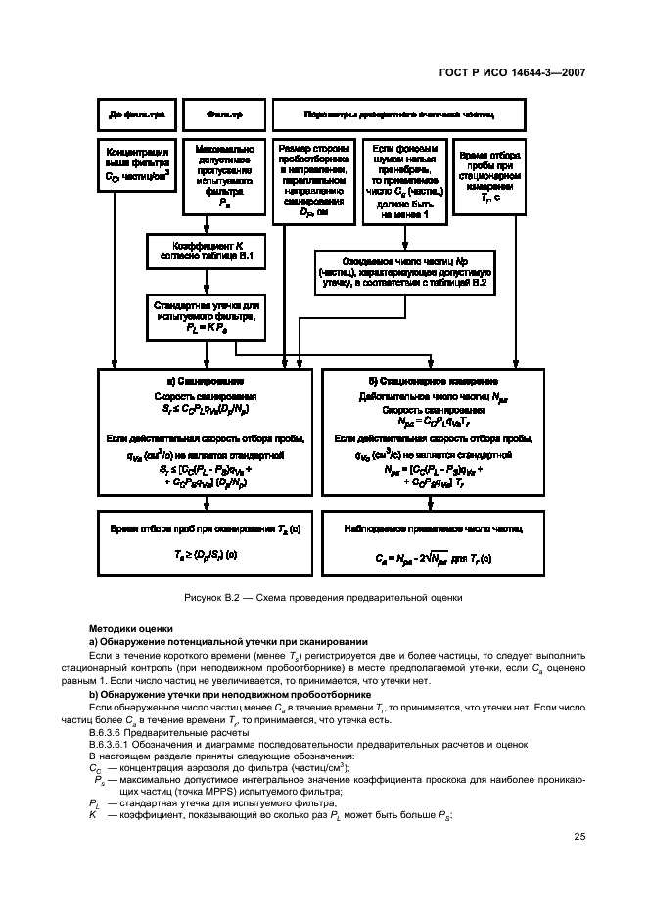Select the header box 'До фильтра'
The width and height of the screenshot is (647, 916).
[136, 114]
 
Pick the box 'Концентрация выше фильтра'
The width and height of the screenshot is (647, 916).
[136, 166]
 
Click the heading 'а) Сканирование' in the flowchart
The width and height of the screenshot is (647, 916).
[206, 380]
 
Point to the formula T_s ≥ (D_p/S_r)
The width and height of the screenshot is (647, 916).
[206, 554]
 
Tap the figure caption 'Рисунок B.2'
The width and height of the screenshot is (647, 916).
[322, 596]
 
